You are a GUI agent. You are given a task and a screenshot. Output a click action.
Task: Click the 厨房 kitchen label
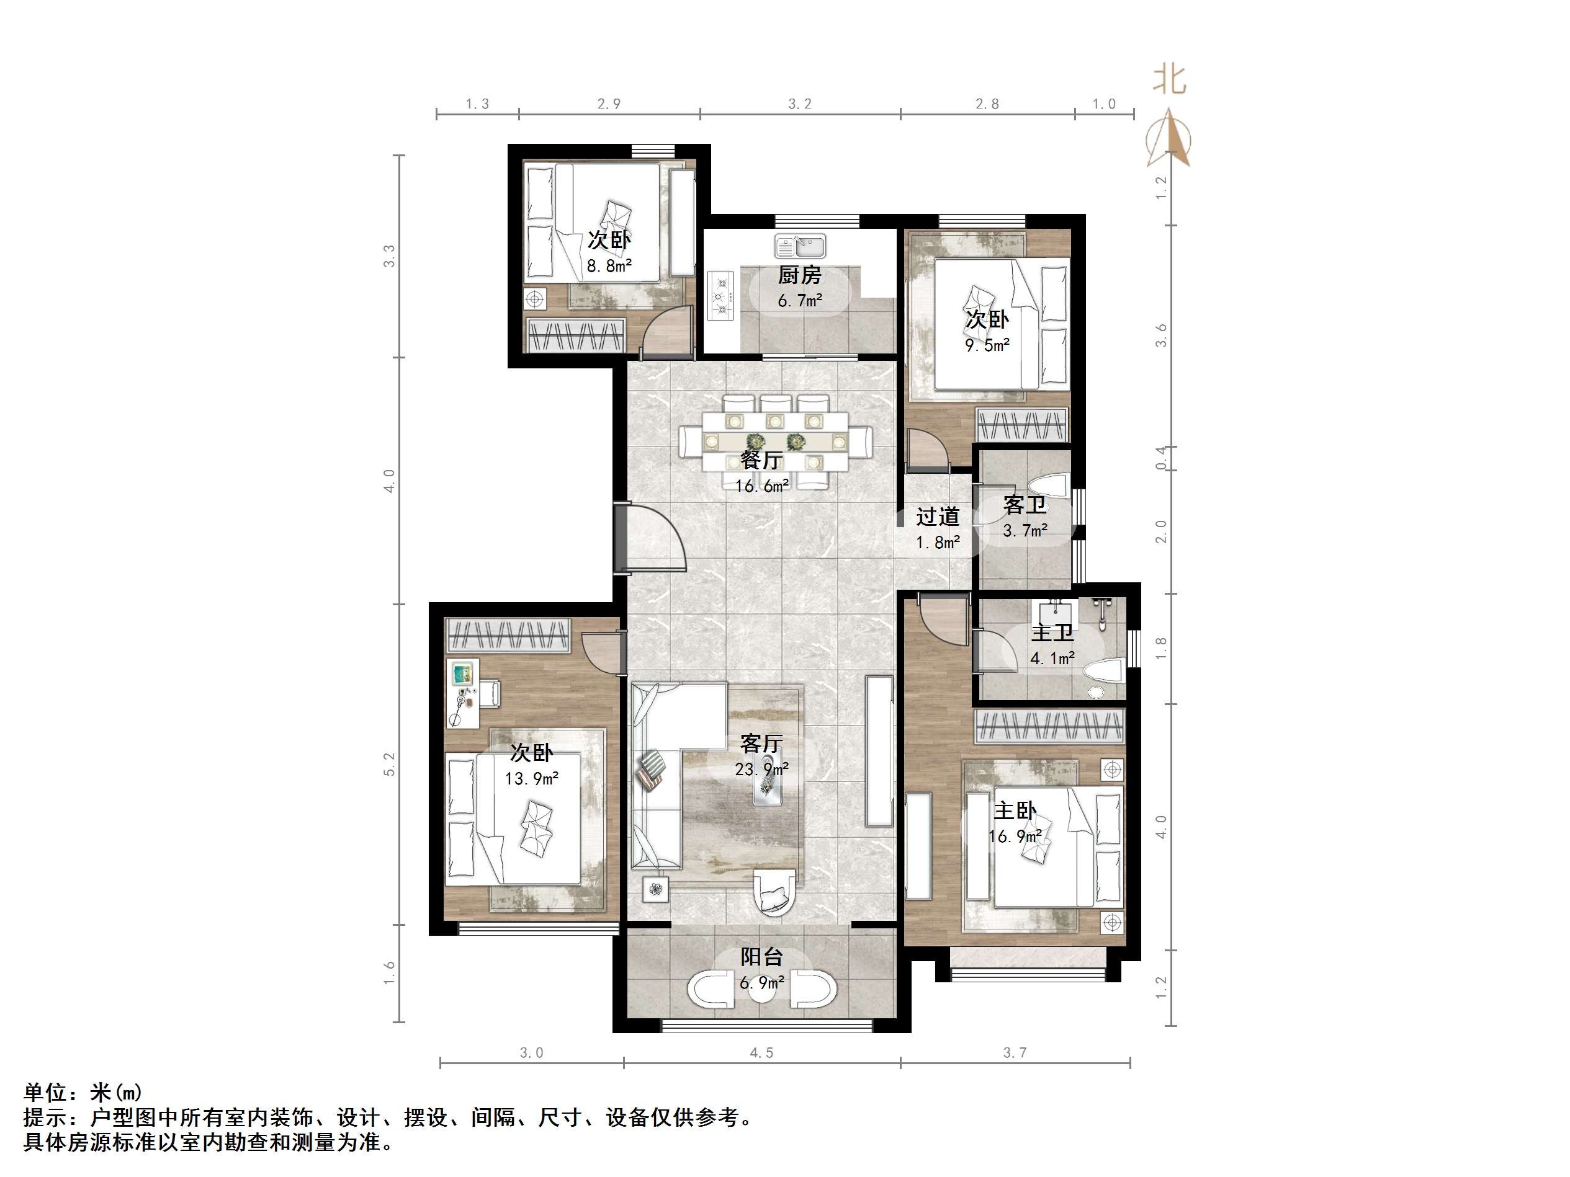tap(799, 275)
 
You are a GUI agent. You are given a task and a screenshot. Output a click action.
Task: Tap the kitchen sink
tap(801, 246)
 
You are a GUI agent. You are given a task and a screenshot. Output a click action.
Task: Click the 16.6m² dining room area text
tap(761, 486)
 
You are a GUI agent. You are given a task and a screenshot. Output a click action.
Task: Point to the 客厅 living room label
tap(761, 744)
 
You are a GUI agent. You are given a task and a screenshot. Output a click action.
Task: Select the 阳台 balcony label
tap(761, 957)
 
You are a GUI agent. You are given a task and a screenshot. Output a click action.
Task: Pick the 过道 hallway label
tap(937, 517)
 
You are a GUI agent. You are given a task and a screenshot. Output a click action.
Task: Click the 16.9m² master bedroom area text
tap(1015, 837)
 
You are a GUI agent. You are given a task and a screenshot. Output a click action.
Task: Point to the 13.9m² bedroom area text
tap(531, 779)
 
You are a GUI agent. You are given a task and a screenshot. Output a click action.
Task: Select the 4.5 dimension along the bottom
tap(761, 1053)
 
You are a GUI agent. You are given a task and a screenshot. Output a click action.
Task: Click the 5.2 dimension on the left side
tap(389, 764)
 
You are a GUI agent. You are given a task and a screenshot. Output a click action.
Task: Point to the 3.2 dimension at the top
tap(799, 104)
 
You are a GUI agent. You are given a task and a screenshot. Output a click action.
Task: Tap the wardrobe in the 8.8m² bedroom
tap(576, 335)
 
